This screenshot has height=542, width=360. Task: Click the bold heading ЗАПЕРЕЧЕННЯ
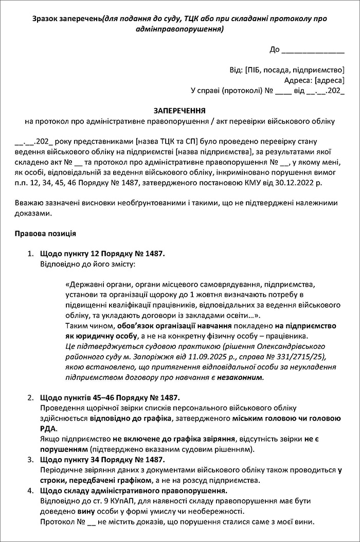coord(180,111)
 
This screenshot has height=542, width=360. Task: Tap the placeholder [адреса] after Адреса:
coord(329,80)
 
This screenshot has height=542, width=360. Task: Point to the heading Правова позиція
coord(46,233)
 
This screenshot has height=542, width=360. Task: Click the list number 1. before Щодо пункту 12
coord(30,254)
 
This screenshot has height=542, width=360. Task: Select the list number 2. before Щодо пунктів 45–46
coord(30,397)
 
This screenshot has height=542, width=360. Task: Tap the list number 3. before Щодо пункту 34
coord(30,459)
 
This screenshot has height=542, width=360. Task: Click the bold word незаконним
coord(241,377)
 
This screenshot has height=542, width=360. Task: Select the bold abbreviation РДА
coord(49,428)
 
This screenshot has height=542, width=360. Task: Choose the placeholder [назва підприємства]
coord(214,152)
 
